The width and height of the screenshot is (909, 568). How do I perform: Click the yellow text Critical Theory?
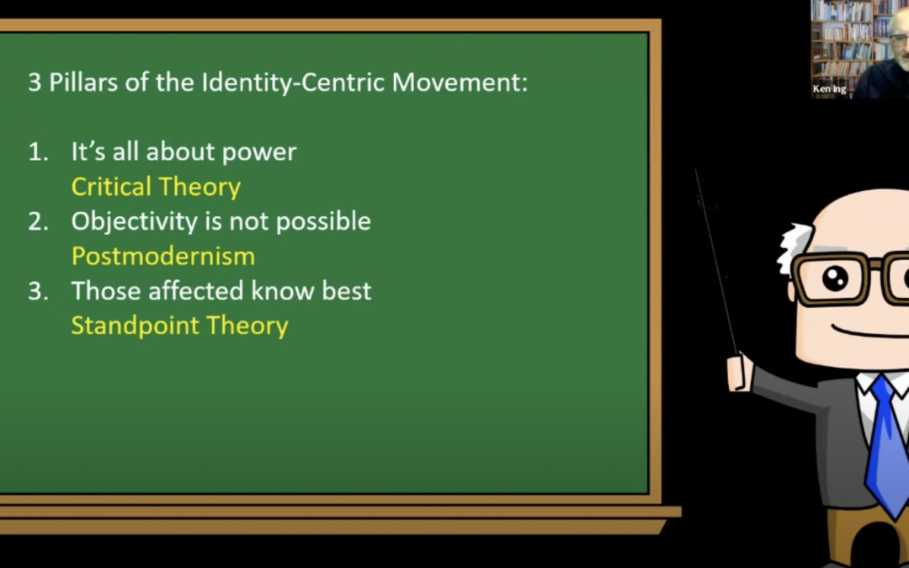point(156,187)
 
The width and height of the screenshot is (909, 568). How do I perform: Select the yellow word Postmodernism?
point(163,256)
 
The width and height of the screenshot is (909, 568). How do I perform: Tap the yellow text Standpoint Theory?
point(180,326)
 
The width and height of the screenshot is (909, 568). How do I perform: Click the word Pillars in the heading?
point(81,82)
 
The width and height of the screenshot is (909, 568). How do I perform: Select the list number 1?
point(38,152)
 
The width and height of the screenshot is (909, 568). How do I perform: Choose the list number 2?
point(38,222)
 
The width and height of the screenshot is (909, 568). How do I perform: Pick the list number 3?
point(38,291)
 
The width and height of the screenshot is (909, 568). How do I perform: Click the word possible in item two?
point(323,222)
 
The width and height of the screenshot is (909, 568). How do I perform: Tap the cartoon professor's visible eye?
point(835,279)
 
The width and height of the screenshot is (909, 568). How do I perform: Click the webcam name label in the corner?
point(829,88)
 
